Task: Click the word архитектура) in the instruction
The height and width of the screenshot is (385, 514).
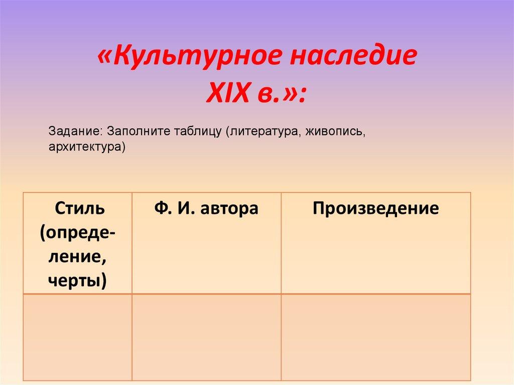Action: coord(86,147)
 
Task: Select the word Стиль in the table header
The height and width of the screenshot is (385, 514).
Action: coord(77,208)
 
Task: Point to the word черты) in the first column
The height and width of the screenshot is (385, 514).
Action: coord(77,280)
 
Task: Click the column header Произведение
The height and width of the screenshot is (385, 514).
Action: coord(375,208)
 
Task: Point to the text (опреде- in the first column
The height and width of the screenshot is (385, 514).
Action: coord(77,232)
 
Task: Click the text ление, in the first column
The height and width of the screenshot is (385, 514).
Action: coord(77,256)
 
